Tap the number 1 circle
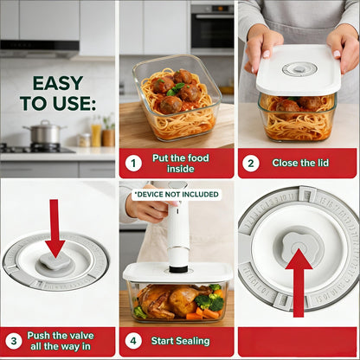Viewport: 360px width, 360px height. coord(133,163)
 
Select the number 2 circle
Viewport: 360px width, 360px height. coord(251,163)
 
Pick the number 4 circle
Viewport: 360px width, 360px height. coord(133,341)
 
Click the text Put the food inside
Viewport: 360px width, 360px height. coord(186,163)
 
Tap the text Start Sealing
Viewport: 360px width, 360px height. coord(185,341)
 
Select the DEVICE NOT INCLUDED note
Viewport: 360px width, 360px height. coord(177,195)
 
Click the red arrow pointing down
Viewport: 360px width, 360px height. coord(55,228)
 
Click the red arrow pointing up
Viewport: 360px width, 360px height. coord(299,282)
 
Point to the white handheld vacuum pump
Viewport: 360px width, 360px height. coord(178,229)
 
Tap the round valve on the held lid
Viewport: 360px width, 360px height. coord(299,68)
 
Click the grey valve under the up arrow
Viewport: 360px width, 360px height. coord(299,246)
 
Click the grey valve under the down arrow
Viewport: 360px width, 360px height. coord(55,262)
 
